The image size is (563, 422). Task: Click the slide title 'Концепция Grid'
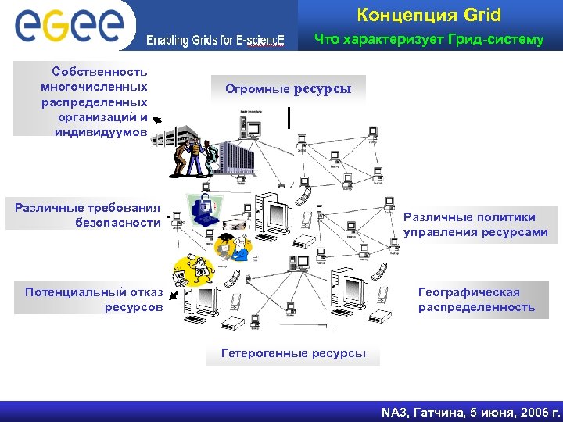click(429, 15)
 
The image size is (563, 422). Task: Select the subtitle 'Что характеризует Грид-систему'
click(429, 39)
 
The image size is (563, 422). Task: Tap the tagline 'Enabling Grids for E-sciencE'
click(216, 40)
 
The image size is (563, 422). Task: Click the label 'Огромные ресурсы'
click(289, 89)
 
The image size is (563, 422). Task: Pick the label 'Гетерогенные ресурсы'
click(293, 353)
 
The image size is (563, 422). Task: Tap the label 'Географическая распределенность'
click(476, 299)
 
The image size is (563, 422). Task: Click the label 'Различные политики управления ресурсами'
click(475, 224)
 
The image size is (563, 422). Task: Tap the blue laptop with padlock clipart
click(203, 211)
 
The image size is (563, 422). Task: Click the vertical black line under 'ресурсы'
click(290, 116)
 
